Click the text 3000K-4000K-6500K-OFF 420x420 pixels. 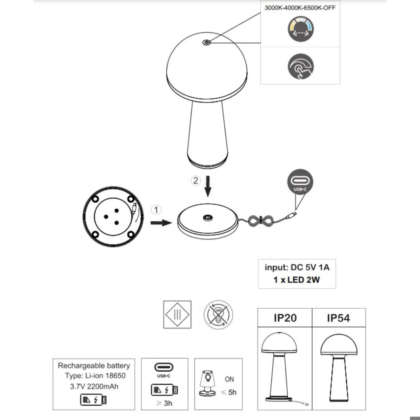point(300,8)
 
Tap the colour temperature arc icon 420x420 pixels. point(300,29)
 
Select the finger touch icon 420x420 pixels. point(301,67)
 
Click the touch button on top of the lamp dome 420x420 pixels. point(206,43)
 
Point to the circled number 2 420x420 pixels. point(196,181)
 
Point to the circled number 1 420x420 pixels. point(156,209)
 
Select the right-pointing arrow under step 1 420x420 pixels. point(161,223)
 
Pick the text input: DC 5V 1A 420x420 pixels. point(297,268)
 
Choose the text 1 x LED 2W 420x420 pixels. point(297,280)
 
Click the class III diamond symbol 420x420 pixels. point(177,315)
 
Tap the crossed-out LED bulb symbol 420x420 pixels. point(218,314)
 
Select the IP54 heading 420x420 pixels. point(338,318)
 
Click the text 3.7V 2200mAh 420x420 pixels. point(93,386)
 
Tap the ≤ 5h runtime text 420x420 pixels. point(229,392)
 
